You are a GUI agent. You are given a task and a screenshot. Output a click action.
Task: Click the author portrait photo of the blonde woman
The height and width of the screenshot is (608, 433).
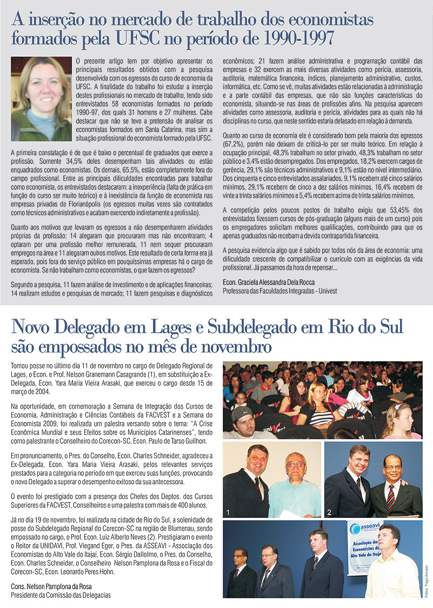41,98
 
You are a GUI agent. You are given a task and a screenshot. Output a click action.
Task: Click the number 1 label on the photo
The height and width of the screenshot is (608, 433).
229,511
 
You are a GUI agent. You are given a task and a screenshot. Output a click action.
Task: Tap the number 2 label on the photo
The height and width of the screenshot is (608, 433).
329,511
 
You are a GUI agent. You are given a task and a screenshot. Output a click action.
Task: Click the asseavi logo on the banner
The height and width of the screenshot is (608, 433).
366,529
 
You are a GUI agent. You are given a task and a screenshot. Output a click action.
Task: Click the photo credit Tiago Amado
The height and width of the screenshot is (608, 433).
426,580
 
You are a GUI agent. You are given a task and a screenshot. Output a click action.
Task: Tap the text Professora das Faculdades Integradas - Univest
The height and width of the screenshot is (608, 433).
279,291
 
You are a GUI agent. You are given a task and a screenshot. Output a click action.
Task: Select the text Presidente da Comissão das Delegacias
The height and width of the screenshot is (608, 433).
61,595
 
